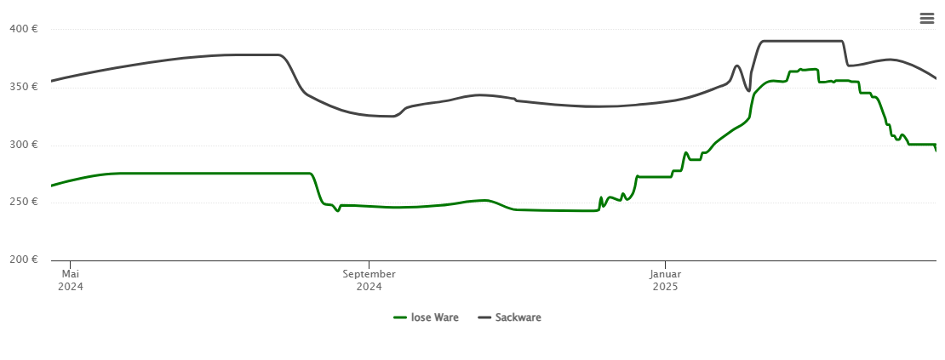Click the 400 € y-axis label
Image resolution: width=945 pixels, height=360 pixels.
click(24, 29)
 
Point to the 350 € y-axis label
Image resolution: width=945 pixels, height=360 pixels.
click(24, 87)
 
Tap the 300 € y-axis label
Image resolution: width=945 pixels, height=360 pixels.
click(24, 145)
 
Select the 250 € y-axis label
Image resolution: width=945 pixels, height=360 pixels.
click(24, 203)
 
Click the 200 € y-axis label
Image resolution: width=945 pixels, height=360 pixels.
click(24, 260)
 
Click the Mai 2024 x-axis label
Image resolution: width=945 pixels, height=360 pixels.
click(71, 280)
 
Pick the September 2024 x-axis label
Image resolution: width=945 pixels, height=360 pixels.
click(369, 280)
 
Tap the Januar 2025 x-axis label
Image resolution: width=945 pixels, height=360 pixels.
click(665, 280)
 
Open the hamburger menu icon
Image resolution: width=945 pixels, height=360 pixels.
click(926, 19)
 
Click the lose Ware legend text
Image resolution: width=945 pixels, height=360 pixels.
click(434, 317)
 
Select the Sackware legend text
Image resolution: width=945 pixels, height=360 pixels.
click(518, 317)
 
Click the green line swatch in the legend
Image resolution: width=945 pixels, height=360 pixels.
click(400, 317)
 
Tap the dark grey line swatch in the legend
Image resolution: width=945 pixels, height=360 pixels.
click(484, 317)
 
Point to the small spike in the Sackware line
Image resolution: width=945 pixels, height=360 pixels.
click(737, 66)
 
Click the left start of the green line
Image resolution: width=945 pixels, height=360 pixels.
click(52, 185)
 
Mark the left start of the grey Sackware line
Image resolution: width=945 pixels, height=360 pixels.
click(52, 81)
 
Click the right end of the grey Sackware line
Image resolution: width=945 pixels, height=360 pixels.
click(936, 78)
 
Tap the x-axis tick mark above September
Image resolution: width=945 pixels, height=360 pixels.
click(369, 264)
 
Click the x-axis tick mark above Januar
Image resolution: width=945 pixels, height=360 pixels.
click(665, 264)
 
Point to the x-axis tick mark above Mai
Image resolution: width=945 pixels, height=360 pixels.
click(71, 264)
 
